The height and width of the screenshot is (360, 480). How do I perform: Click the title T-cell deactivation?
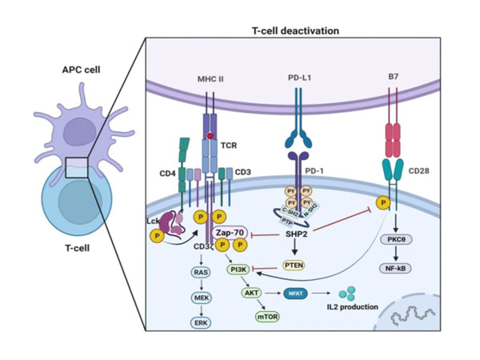(295, 30)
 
